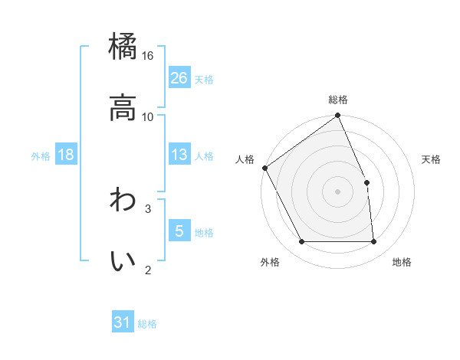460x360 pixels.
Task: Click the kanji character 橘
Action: (x=123, y=47)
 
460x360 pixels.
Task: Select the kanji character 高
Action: (x=123, y=108)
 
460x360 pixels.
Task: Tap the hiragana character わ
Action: (x=123, y=201)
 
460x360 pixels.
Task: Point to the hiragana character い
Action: (x=123, y=261)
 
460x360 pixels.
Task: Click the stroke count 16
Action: (x=148, y=56)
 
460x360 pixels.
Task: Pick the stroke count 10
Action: (x=148, y=116)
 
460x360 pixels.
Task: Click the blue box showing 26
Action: (x=179, y=78)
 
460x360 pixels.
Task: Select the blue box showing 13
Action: (x=179, y=155)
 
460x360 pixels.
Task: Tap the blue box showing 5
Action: (x=179, y=231)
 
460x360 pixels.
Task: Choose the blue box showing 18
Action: (x=66, y=155)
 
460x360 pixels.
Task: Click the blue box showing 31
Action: (x=123, y=323)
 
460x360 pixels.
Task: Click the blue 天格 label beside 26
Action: (x=204, y=79)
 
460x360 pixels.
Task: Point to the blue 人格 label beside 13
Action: (x=204, y=155)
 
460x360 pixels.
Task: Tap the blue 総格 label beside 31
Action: (x=147, y=324)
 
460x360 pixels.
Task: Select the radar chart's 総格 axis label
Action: (x=338, y=100)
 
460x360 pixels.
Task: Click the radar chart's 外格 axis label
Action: (x=270, y=262)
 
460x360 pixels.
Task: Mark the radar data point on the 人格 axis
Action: (x=264, y=168)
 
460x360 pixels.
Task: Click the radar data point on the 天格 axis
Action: (x=366, y=182)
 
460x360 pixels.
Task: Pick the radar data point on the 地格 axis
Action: (x=374, y=242)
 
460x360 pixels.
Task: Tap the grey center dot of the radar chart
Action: (x=337, y=191)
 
